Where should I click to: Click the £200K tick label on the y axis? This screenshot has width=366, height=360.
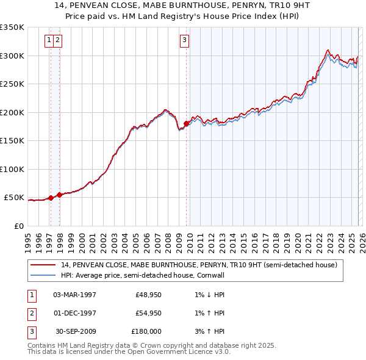[x=12, y=112]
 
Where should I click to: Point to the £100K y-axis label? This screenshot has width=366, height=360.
[x=12, y=169]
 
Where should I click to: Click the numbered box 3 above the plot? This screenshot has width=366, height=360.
[x=184, y=41]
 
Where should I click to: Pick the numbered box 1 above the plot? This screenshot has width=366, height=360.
[x=48, y=41]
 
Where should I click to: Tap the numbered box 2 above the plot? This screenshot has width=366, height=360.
[x=57, y=41]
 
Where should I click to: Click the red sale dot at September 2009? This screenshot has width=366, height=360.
[x=186, y=124]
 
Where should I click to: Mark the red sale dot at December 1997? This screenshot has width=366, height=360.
[x=59, y=195]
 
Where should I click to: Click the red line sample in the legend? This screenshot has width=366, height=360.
[x=44, y=265]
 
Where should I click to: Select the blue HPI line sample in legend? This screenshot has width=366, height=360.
[x=44, y=275]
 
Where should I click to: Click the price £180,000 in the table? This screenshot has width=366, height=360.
[x=146, y=331]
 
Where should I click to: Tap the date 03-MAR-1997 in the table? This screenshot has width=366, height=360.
[x=75, y=295]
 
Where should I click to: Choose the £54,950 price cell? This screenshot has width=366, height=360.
[x=148, y=313]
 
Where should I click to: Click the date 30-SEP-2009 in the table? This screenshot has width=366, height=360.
[x=75, y=331]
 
